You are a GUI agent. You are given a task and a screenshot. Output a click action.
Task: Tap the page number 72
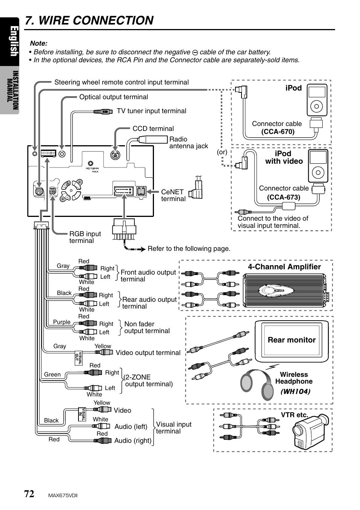pos(29,494)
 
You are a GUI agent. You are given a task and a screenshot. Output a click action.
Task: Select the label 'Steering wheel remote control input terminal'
pos(122,82)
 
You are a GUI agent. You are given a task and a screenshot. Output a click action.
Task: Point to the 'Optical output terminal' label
pos(114,97)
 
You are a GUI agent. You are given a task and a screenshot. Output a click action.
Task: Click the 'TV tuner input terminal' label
pos(151,111)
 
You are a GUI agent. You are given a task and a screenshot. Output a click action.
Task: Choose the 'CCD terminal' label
pos(153,129)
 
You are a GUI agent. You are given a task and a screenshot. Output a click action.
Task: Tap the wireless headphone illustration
pos(257,385)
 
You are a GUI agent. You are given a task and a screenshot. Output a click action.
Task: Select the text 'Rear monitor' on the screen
pos(292,340)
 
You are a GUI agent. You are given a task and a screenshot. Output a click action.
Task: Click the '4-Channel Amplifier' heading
pos(284,267)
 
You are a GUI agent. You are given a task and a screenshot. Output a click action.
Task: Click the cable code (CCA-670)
pos(278,132)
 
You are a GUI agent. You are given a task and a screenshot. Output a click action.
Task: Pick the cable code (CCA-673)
pos(284,197)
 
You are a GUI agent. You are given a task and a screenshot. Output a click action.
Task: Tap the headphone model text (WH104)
pos(295,391)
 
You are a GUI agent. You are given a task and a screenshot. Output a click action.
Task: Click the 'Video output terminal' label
pos(148,353)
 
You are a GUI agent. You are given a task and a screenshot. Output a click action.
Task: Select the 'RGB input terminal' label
pos(85,237)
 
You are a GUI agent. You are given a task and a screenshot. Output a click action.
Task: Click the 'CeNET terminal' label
pos(173,195)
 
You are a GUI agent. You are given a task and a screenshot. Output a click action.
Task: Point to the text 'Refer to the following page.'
pos(189,249)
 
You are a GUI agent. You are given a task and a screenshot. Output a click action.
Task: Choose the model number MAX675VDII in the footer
pos(63,496)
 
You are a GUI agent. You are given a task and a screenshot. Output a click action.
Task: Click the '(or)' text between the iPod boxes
pos(222,152)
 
